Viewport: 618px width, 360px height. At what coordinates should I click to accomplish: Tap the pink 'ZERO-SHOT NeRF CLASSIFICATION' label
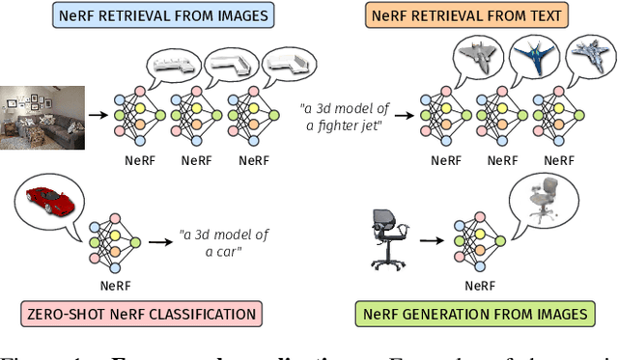141,314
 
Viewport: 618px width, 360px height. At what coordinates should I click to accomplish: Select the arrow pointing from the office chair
432,245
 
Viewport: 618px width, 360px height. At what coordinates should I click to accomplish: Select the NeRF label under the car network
115,286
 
